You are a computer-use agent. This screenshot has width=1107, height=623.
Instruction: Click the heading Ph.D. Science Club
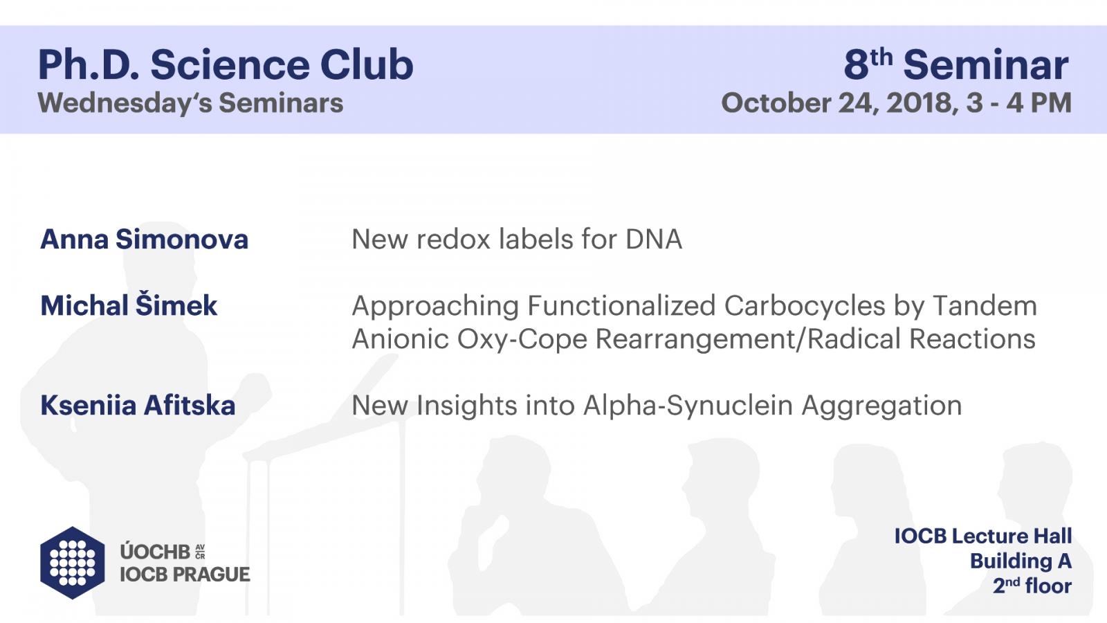click(226, 65)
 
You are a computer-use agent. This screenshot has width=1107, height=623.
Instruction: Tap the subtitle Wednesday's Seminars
click(191, 103)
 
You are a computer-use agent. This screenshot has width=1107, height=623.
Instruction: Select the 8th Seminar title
click(955, 65)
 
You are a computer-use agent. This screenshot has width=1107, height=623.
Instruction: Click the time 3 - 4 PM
click(1019, 103)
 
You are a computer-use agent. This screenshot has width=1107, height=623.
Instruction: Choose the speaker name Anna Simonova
click(144, 240)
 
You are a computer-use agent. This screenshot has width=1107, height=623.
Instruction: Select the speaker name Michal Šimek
click(129, 305)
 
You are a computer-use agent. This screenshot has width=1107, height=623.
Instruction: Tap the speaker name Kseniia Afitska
click(138, 406)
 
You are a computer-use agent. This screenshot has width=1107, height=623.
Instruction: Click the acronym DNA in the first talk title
click(654, 240)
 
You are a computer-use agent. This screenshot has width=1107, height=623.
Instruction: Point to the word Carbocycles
click(805, 305)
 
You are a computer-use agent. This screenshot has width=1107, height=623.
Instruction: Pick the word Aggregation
click(881, 406)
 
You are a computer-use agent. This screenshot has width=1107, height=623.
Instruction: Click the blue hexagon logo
click(73, 563)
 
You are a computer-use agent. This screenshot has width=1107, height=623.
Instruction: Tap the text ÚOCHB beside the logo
click(155, 551)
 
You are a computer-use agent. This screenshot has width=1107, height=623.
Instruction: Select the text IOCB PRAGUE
click(185, 575)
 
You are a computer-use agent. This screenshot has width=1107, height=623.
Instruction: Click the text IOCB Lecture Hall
click(983, 536)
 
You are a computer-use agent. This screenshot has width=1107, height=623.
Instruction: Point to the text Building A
click(1021, 561)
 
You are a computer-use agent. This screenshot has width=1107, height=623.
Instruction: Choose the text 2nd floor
click(1032, 586)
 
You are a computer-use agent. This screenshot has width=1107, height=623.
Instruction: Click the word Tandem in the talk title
click(985, 305)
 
